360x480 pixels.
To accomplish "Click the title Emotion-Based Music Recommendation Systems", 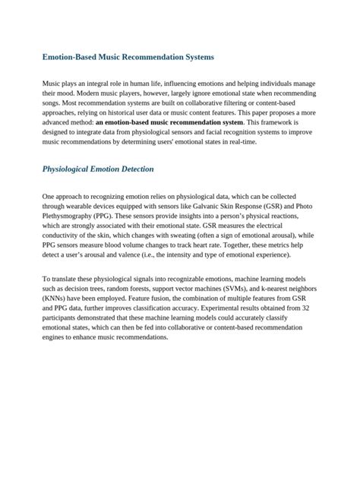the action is tap(128, 57).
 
